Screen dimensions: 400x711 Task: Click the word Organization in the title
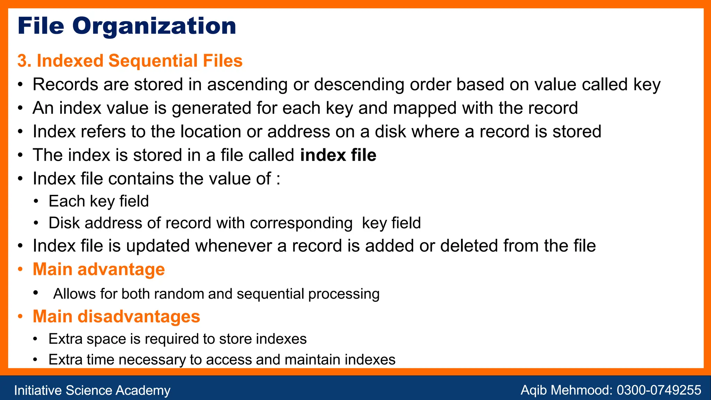pyautogui.click(x=154, y=26)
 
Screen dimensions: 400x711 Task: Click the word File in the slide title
pyautogui.click(x=41, y=26)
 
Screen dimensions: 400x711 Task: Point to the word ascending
pyautogui.click(x=247, y=85)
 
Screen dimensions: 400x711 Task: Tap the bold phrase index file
pyautogui.click(x=338, y=155)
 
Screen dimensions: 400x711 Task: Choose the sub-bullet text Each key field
pyautogui.click(x=99, y=201)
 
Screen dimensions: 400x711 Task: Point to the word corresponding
pyautogui.click(x=301, y=223)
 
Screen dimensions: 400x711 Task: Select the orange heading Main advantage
pyautogui.click(x=99, y=269)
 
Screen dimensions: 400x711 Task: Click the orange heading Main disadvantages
pyautogui.click(x=116, y=317)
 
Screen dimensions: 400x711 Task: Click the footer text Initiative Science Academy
pyautogui.click(x=92, y=390)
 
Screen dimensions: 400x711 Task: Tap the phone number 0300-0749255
pyautogui.click(x=659, y=390)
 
